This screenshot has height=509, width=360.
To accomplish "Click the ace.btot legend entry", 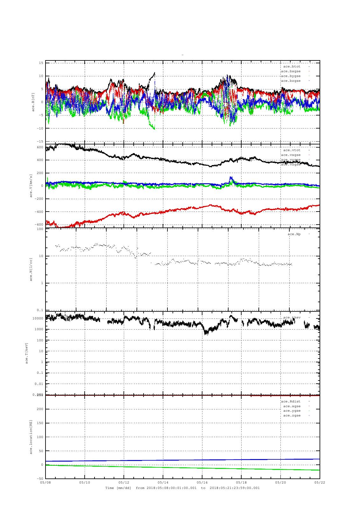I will point(292,66).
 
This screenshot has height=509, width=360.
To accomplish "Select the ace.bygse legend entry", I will point(291,76).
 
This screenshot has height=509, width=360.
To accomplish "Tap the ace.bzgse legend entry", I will point(291,81).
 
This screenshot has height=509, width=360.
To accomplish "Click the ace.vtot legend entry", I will point(292,150).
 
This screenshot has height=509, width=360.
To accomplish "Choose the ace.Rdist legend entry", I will point(291,401).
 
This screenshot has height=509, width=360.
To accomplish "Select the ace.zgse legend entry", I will point(292,415).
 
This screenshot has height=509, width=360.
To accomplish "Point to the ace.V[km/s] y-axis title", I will point(31,186).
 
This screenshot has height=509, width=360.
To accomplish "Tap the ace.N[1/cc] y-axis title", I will point(31,269).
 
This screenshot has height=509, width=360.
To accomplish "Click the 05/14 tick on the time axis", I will point(163,482).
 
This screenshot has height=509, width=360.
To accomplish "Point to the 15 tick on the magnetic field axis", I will point(41,63).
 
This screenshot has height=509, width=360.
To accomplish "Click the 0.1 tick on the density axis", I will point(40,310).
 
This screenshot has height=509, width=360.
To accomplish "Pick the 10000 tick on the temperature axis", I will point(38,318).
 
